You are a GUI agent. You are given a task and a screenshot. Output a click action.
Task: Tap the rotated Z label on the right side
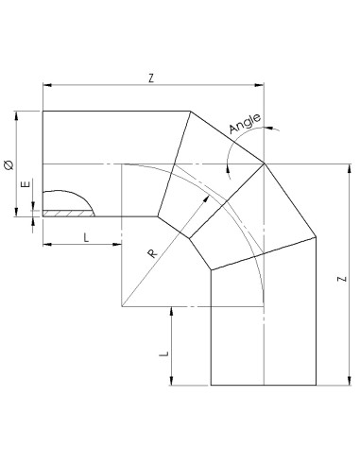point(338,281)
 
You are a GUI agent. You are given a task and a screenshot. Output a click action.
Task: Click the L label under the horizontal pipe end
point(86,237)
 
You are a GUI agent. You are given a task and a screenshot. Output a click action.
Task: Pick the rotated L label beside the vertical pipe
point(163,351)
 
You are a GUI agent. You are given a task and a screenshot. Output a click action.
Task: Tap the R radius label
point(152,252)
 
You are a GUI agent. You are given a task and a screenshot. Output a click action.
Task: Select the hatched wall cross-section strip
point(67,214)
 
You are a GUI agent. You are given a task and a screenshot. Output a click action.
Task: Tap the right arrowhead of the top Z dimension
point(263,87)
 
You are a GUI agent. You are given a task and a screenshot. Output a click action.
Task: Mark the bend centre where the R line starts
point(122,306)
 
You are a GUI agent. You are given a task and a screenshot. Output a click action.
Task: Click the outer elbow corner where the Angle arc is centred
point(264,164)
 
